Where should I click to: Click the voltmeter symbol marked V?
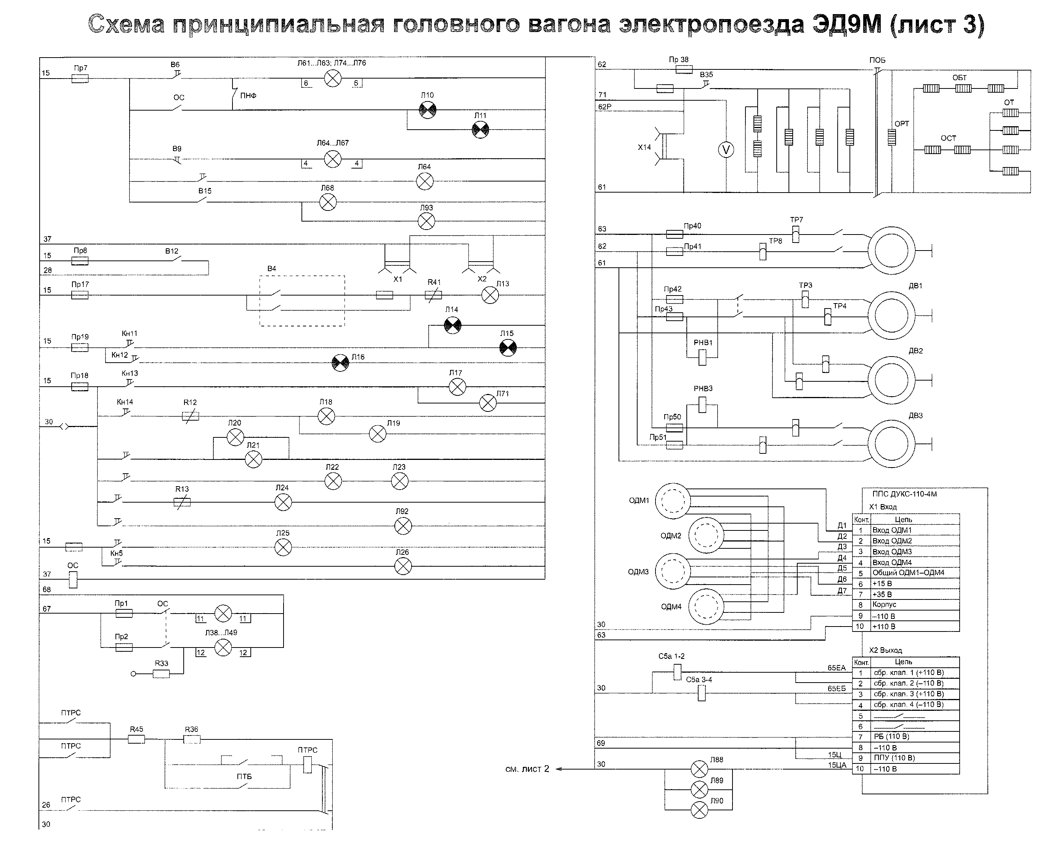pos(726,150)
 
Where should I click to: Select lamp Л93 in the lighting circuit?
pos(426,222)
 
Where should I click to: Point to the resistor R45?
pos(136,739)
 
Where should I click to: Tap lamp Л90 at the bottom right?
pos(699,810)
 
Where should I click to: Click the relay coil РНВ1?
pos(702,357)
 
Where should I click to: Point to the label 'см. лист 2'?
pos(527,769)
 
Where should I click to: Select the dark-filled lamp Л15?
pos(508,348)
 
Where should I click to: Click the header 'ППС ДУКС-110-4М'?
pos(904,494)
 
